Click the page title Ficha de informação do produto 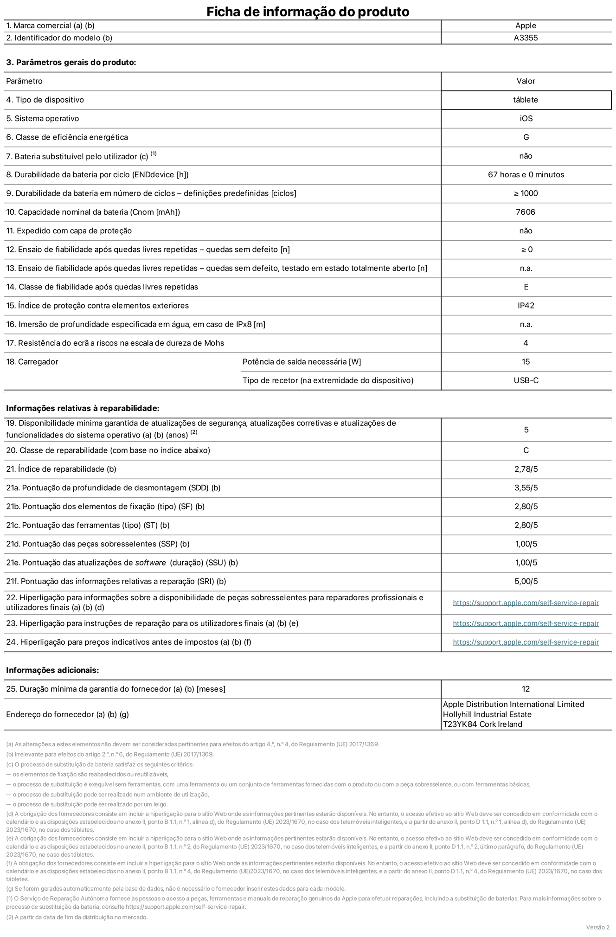pyautogui.click(x=308, y=12)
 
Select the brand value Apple pyautogui.click(x=526, y=26)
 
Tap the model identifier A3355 pyautogui.click(x=526, y=38)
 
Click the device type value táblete pyautogui.click(x=526, y=100)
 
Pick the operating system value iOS pyautogui.click(x=526, y=119)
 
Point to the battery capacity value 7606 pyautogui.click(x=526, y=212)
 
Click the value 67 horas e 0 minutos pyautogui.click(x=526, y=175)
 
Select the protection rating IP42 pyautogui.click(x=526, y=306)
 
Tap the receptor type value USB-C pyautogui.click(x=526, y=380)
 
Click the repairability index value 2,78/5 pyautogui.click(x=526, y=469)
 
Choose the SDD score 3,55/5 pyautogui.click(x=526, y=488)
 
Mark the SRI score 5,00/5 pyautogui.click(x=526, y=581)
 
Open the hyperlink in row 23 pyautogui.click(x=526, y=623)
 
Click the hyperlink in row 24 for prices pyautogui.click(x=526, y=642)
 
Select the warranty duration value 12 pyautogui.click(x=526, y=689)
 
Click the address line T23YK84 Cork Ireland pyautogui.click(x=482, y=724)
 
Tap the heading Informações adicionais pyautogui.click(x=52, y=670)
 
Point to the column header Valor pyautogui.click(x=526, y=81)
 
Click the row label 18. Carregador pyautogui.click(x=32, y=362)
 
